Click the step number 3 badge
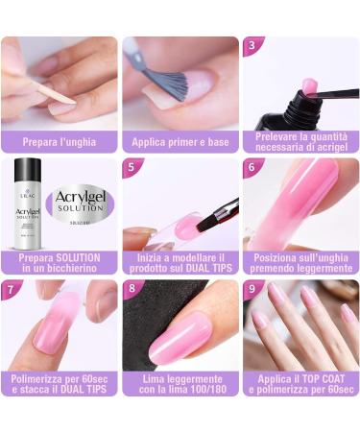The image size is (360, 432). (252, 44)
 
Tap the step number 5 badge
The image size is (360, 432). (131, 166)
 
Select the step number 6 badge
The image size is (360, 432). (252, 166)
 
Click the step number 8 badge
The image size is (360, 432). (131, 288)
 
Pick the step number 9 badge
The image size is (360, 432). (252, 288)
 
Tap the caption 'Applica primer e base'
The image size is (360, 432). (180, 142)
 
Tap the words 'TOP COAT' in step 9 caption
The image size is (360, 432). (315, 379)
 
